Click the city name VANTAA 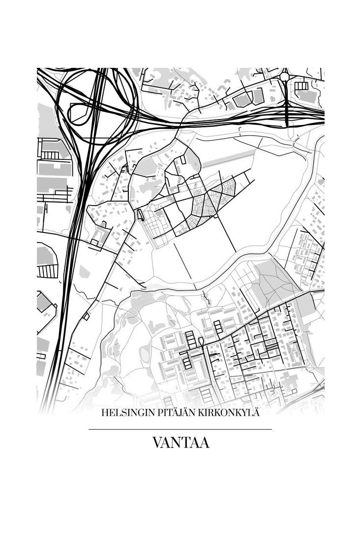180,443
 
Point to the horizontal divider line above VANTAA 180,429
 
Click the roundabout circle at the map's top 285,76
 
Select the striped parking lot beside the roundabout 301,86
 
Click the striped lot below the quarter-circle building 47,271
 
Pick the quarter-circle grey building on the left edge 46,255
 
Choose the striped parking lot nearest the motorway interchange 49,155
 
